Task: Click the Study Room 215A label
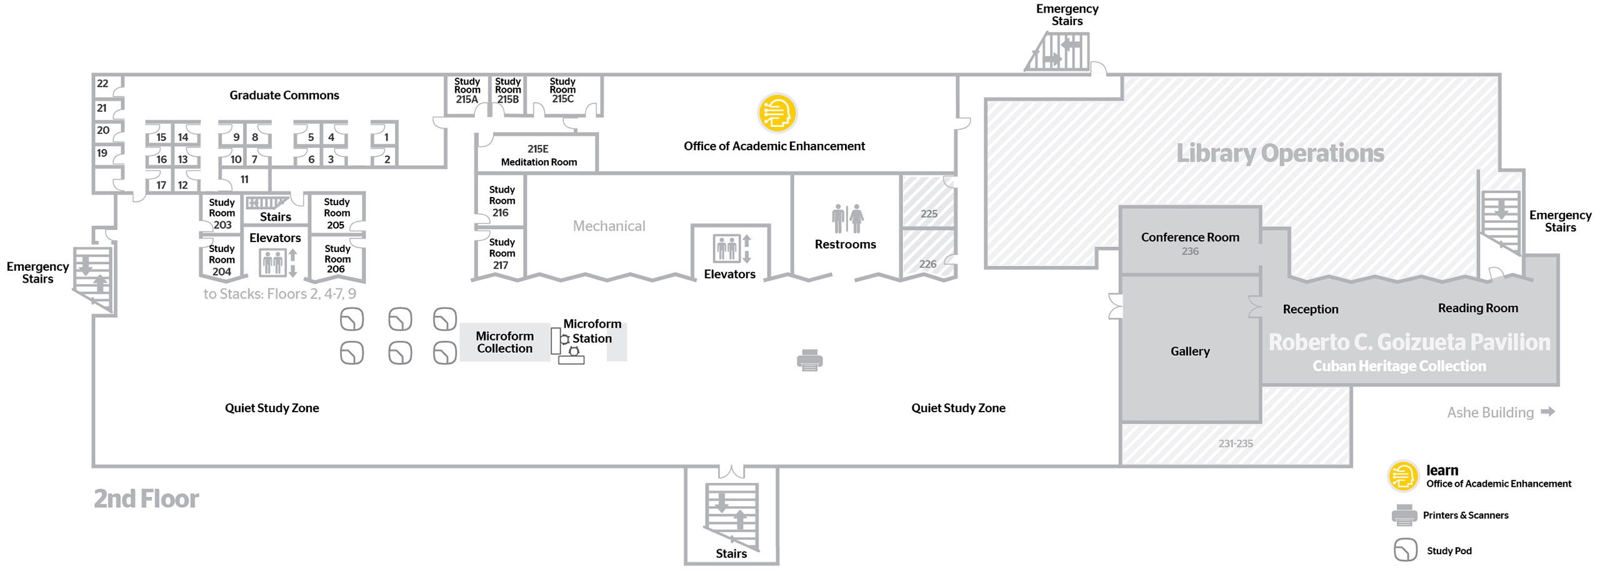pos(467,91)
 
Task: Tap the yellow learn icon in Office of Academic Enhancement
pos(777,113)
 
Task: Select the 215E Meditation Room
pos(537,155)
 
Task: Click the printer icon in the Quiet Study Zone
pos(810,360)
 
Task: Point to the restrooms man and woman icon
pos(847,218)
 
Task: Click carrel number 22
pos(102,83)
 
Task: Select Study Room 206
pos(337,259)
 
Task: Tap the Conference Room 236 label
pos(1189,243)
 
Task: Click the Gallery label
pos(1189,351)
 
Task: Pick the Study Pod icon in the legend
pos(1405,550)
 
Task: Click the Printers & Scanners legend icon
pos(1404,515)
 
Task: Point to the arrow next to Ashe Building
pos(1547,412)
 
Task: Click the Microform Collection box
pos(504,342)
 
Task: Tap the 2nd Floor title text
pos(146,499)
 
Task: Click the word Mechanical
pos(609,226)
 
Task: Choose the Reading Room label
pos(1477,308)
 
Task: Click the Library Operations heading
pos(1280,153)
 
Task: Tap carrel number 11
pos(244,180)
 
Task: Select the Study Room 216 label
pos(502,201)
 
